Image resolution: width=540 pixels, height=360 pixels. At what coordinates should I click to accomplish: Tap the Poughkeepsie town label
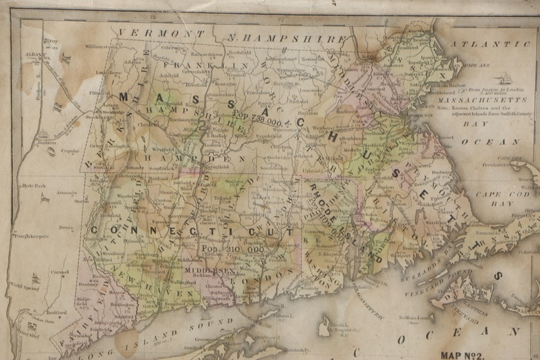[x=34, y=236]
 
